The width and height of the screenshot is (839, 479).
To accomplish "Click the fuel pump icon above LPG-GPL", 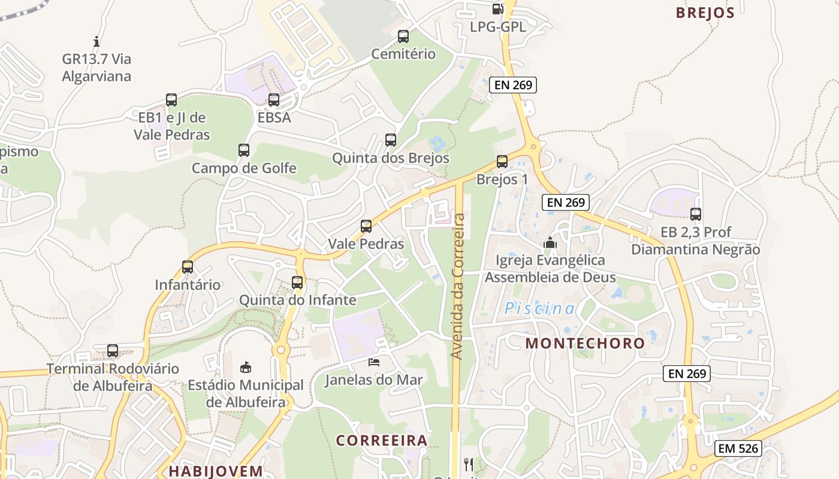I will coord(497,8).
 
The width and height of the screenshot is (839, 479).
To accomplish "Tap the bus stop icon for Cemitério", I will coord(403,37).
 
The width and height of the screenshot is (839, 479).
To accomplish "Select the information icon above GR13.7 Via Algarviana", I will coord(96,41).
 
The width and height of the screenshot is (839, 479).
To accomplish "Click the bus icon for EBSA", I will coord(274,100).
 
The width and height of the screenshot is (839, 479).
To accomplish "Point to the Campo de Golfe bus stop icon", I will coord(244,150).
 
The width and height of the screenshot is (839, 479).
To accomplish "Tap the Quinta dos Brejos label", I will coord(391,159).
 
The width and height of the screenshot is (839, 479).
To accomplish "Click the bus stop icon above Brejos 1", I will coord(502,162).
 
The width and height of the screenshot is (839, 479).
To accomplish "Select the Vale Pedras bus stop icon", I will coord(366,226).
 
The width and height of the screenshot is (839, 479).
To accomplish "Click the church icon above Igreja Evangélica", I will coord(550,242).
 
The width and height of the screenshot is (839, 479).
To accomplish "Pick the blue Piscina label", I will coord(539,309).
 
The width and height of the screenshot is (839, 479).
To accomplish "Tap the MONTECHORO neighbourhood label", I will coord(585,344).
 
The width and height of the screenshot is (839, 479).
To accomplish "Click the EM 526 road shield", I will coord(738,448).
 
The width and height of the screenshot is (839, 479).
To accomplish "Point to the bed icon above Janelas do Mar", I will coord(374,362).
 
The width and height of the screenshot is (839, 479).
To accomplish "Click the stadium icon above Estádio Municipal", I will coord(245,366).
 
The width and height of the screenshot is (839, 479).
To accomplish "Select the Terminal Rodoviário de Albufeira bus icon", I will coord(113,351).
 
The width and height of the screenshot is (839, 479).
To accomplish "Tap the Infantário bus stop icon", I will coord(188,267).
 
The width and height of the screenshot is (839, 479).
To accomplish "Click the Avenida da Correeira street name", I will coord(458,286).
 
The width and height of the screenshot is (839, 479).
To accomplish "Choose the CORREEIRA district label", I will coord(382,441).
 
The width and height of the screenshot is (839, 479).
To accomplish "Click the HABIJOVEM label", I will coord(216,471).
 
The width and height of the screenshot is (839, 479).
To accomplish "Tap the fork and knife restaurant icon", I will coord(469,464).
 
